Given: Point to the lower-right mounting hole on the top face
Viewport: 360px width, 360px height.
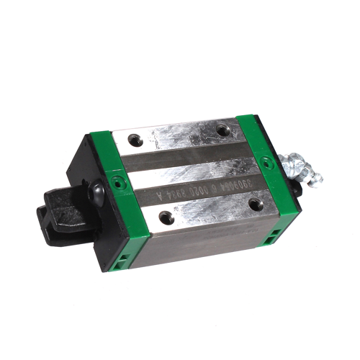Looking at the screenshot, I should (x=255, y=204).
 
